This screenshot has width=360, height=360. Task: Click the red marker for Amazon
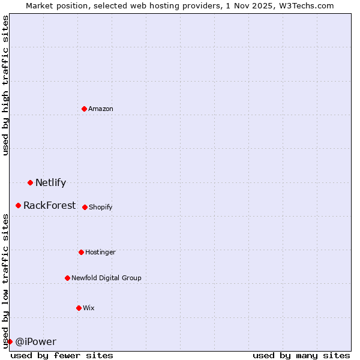coord(85,109)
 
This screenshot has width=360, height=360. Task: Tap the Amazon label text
coord(101,109)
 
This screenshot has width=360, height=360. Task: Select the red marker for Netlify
coord(30,182)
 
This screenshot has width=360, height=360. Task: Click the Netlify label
coord(50,183)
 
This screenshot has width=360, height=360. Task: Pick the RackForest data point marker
coord(19,205)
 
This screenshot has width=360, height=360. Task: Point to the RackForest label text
coord(50,206)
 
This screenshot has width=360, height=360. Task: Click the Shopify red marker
coord(85,207)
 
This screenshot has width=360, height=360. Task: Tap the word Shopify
coord(101,207)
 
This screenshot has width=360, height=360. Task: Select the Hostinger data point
coord(81,252)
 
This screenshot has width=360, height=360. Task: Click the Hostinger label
coord(100,252)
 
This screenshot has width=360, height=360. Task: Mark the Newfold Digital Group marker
coord(67,278)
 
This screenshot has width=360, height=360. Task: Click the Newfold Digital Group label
coord(106,278)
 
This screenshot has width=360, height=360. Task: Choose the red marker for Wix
coord(79,308)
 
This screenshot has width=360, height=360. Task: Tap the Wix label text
coord(89,308)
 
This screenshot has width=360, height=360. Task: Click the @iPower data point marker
coord(10,341)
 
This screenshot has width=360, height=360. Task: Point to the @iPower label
coord(35,342)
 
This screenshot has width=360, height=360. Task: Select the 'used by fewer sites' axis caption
coord(62,355)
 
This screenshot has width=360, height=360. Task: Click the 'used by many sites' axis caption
coord(301,355)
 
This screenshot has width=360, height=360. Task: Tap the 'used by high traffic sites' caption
coord(5,86)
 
